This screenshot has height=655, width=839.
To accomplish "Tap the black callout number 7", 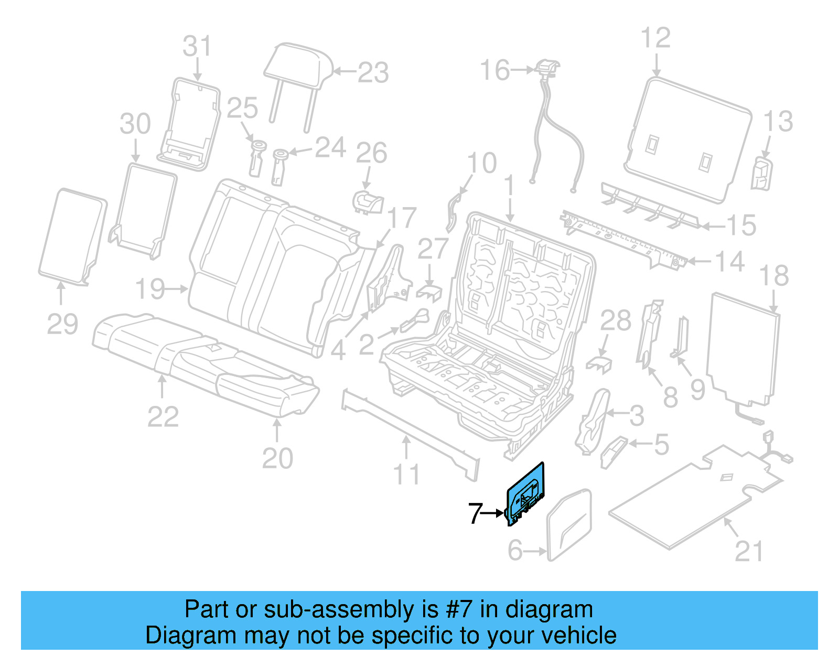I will pos(475,513).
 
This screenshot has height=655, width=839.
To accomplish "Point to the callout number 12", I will pos(655,38).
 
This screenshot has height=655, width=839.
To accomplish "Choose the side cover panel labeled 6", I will pos(569,525).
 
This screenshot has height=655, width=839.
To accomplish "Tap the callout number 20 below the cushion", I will pos(277,458).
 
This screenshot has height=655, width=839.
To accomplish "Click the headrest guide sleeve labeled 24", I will pos(279,167).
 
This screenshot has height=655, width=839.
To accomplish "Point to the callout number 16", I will pos(494,70).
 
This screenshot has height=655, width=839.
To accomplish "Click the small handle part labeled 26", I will pos(368,202).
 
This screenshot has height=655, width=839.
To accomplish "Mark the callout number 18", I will pos(774,276).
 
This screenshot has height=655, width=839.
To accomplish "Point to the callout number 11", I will pos(406,475).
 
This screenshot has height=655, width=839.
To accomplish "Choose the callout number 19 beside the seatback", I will pos(150,289).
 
